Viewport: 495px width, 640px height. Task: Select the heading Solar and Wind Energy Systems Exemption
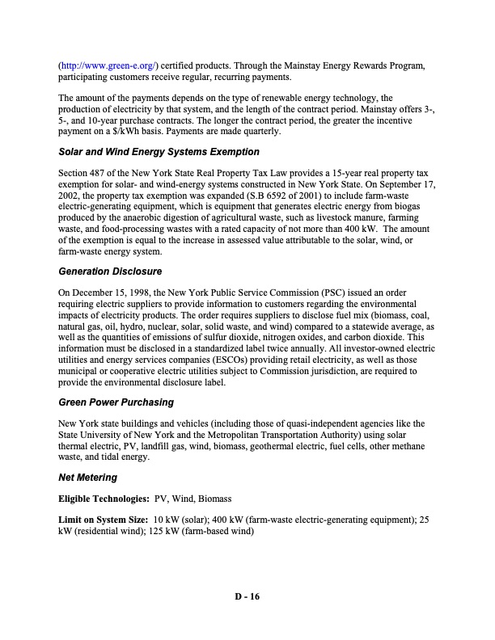point(159,152)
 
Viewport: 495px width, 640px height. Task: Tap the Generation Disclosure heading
point(111,271)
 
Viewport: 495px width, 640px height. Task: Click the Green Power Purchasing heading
point(116,402)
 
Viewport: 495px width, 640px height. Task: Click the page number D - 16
point(247,597)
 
